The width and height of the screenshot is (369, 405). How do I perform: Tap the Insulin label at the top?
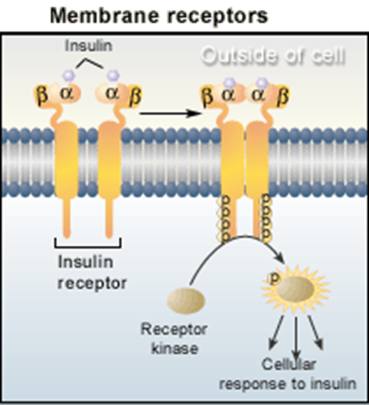[88, 46]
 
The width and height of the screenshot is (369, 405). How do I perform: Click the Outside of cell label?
[273, 56]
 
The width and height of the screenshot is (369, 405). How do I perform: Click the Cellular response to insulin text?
[287, 375]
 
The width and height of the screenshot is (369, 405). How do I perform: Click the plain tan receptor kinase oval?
[186, 301]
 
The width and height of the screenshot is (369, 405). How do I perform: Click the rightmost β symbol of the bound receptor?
[283, 96]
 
